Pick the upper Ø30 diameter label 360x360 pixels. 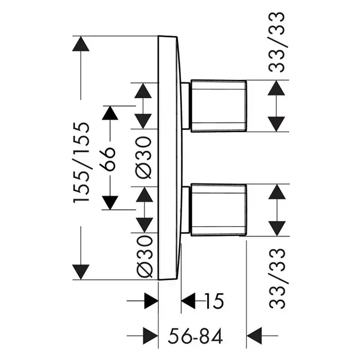point(145,158)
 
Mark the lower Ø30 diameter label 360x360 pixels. point(145,256)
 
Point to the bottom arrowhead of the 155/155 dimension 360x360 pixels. point(81,272)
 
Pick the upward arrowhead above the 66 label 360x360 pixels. point(110,114)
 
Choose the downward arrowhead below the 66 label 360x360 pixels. point(110,202)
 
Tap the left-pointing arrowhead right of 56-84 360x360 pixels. point(255,333)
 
